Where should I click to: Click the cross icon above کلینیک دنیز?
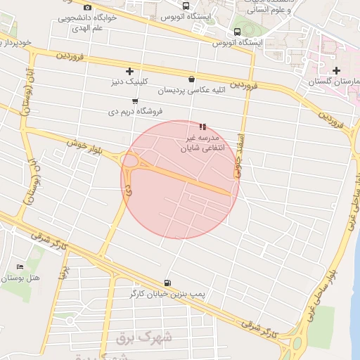129,71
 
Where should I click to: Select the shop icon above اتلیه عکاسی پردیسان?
191,79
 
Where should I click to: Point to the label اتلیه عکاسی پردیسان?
191,91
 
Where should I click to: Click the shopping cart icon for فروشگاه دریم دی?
134,101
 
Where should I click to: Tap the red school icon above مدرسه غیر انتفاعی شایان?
202,127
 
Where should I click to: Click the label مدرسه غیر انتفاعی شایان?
202,143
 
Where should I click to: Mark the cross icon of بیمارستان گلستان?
337,71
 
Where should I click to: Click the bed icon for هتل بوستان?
20,268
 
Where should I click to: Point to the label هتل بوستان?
20,279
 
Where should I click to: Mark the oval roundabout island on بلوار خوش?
130,161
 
